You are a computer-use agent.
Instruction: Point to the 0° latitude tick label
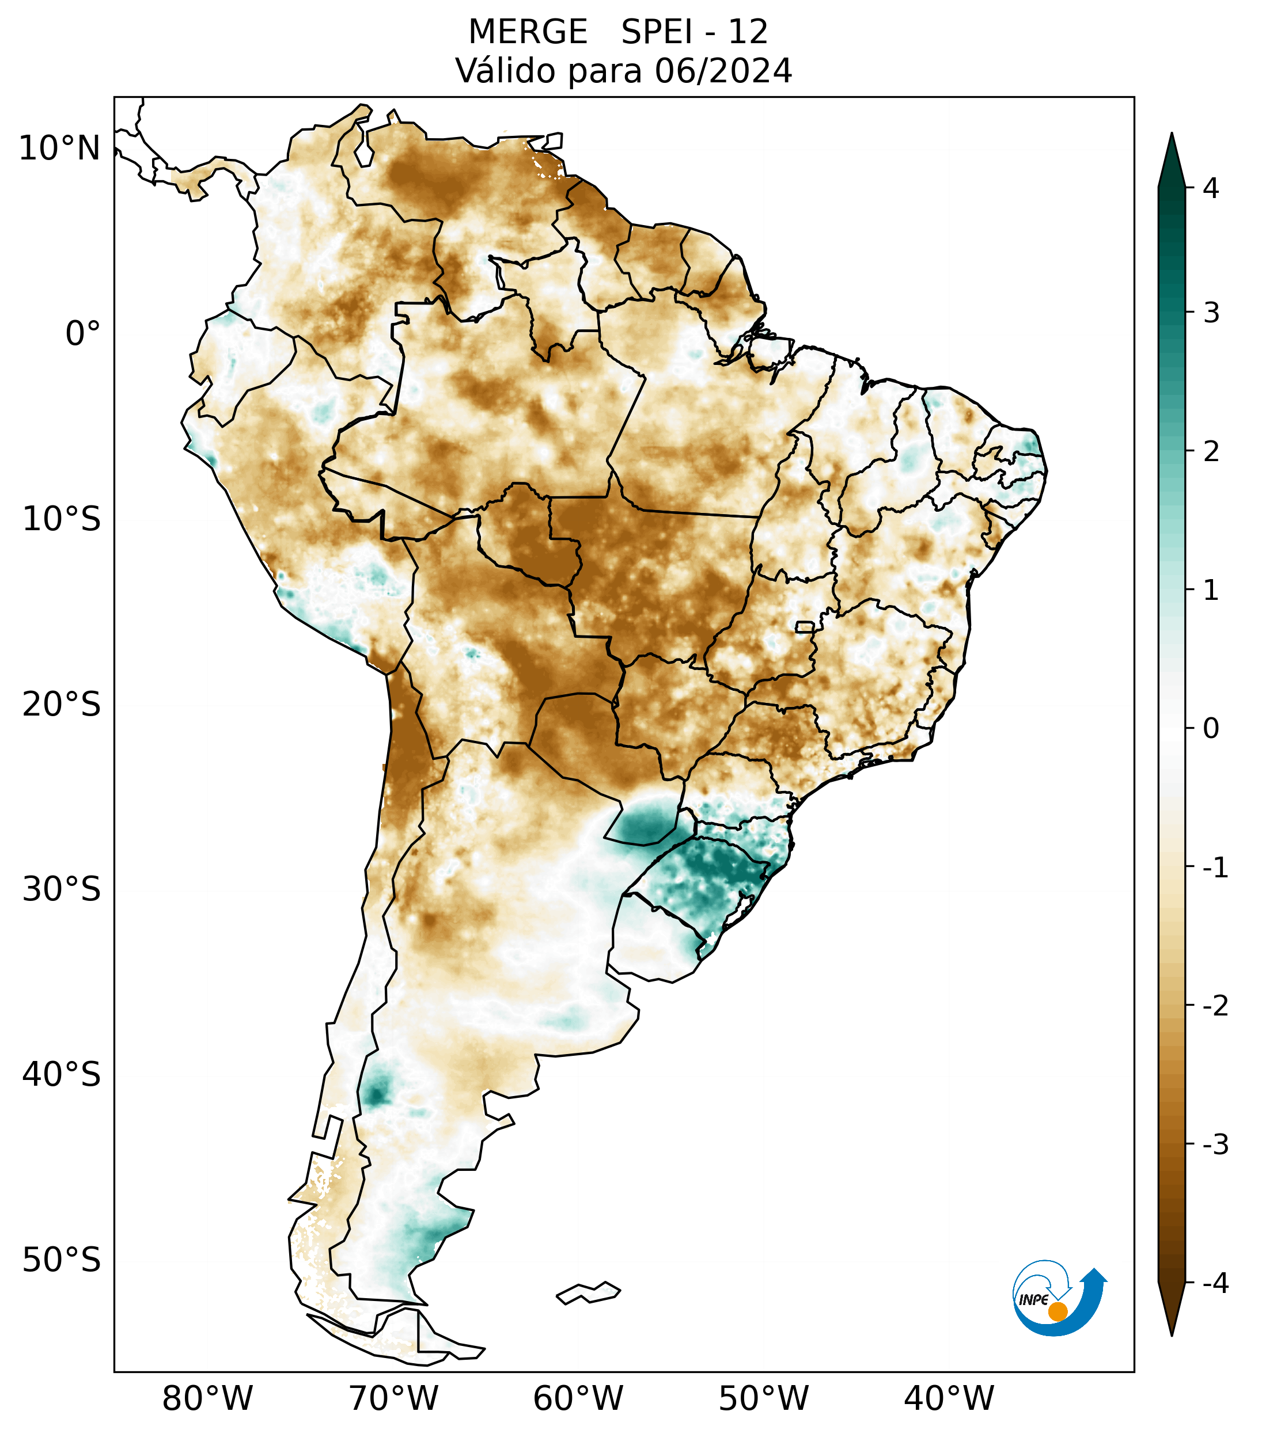(83, 334)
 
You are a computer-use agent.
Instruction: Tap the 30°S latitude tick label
(62, 889)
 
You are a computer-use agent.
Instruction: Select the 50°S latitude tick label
(62, 1260)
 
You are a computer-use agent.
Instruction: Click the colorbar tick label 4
(1211, 188)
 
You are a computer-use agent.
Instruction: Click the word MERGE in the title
(528, 32)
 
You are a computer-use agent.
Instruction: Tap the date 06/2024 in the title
(723, 71)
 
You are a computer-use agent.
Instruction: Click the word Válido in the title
(505, 71)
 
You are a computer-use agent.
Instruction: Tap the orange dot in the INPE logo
(1057, 1311)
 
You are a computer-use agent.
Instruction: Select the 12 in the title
(748, 32)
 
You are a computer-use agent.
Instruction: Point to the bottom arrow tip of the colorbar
(1171, 1334)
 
